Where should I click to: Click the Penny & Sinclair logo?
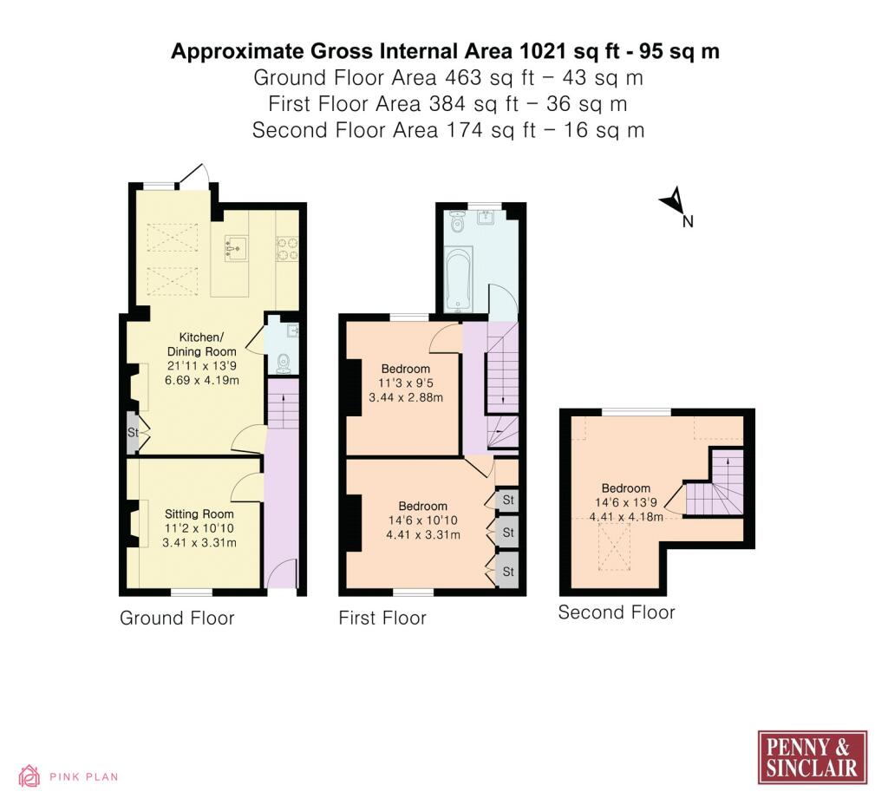812,757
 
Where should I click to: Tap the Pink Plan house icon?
29,776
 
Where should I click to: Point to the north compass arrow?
673,200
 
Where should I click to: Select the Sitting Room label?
199,514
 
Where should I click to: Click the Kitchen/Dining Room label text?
201,344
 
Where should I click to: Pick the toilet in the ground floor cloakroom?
284,362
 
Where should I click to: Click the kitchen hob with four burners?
286,249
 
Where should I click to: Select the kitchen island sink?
235,248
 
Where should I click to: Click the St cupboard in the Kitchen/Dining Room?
133,433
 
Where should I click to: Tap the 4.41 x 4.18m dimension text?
626,517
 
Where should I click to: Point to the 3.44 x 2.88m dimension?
406,397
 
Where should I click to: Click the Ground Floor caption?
177,618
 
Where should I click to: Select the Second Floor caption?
617,612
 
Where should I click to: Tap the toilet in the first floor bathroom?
457,221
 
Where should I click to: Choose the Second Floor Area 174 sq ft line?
448,130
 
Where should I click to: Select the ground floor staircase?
283,404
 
